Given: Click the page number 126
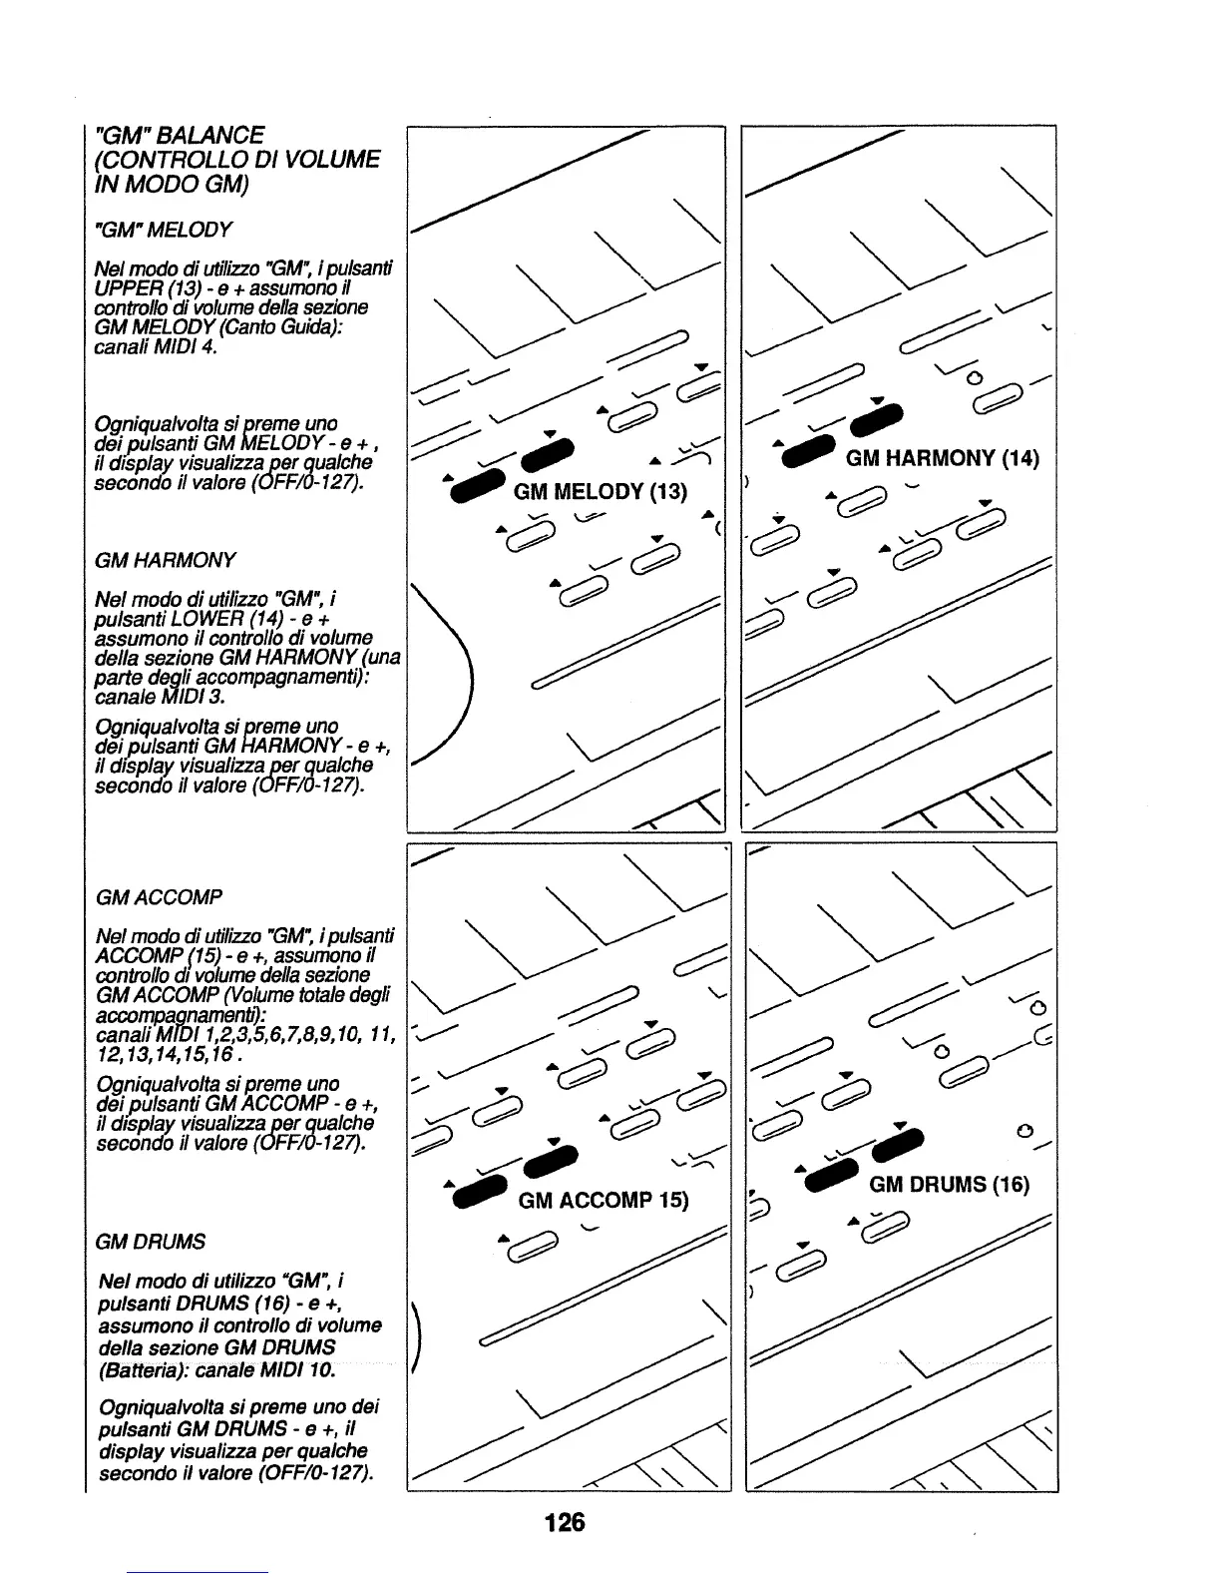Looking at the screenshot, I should pyautogui.click(x=564, y=1523).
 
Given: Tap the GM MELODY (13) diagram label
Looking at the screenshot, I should pyautogui.click(x=600, y=492).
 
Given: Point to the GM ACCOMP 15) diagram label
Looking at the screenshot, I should pyautogui.click(x=604, y=1199).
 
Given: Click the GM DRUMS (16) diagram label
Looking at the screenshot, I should pyautogui.click(x=949, y=1185).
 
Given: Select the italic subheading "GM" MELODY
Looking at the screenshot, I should pyautogui.click(x=162, y=230).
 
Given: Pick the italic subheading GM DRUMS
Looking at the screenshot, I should pyautogui.click(x=150, y=1242).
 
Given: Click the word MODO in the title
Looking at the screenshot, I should pyautogui.click(x=150, y=185).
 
